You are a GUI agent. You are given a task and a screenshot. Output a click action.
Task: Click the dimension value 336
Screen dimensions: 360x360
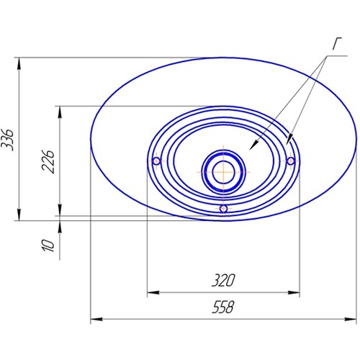(7, 140)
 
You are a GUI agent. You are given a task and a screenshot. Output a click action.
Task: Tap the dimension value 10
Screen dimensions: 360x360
(48, 246)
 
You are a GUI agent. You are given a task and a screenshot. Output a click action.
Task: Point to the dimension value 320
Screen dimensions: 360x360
(223, 280)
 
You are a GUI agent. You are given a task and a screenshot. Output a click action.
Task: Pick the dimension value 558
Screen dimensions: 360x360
(223, 307)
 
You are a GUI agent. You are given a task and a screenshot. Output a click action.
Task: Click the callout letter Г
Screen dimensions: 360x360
(337, 44)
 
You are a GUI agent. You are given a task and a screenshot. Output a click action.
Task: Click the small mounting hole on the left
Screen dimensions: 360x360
(156, 161)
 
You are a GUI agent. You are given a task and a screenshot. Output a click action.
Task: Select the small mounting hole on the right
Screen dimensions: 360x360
(291, 161)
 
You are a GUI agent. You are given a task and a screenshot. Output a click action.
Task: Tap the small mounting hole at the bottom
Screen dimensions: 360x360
(223, 209)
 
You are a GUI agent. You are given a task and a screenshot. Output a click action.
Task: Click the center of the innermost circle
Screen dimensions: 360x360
(223, 172)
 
